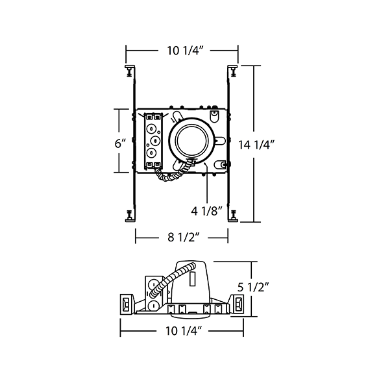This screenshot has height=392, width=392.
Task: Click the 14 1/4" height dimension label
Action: coord(256,145)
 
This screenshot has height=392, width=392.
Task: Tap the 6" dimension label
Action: coord(120,143)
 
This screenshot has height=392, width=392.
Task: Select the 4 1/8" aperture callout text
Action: coord(207,212)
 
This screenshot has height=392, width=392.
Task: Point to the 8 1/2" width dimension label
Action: coord(184,238)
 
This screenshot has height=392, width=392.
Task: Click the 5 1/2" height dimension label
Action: coord(253,288)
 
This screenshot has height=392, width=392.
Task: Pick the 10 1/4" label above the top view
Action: coord(184,51)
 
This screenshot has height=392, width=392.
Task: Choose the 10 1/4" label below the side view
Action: coord(183,331)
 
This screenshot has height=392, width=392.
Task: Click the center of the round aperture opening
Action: coord(191,140)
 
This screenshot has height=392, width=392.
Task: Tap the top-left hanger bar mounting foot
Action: coord(130,71)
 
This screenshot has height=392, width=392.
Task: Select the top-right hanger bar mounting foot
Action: coord(233,71)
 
